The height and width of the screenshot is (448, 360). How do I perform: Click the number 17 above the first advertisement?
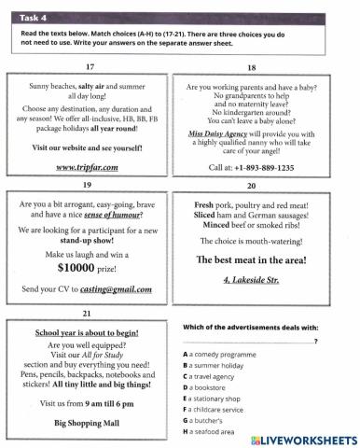(x=90, y=67)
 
